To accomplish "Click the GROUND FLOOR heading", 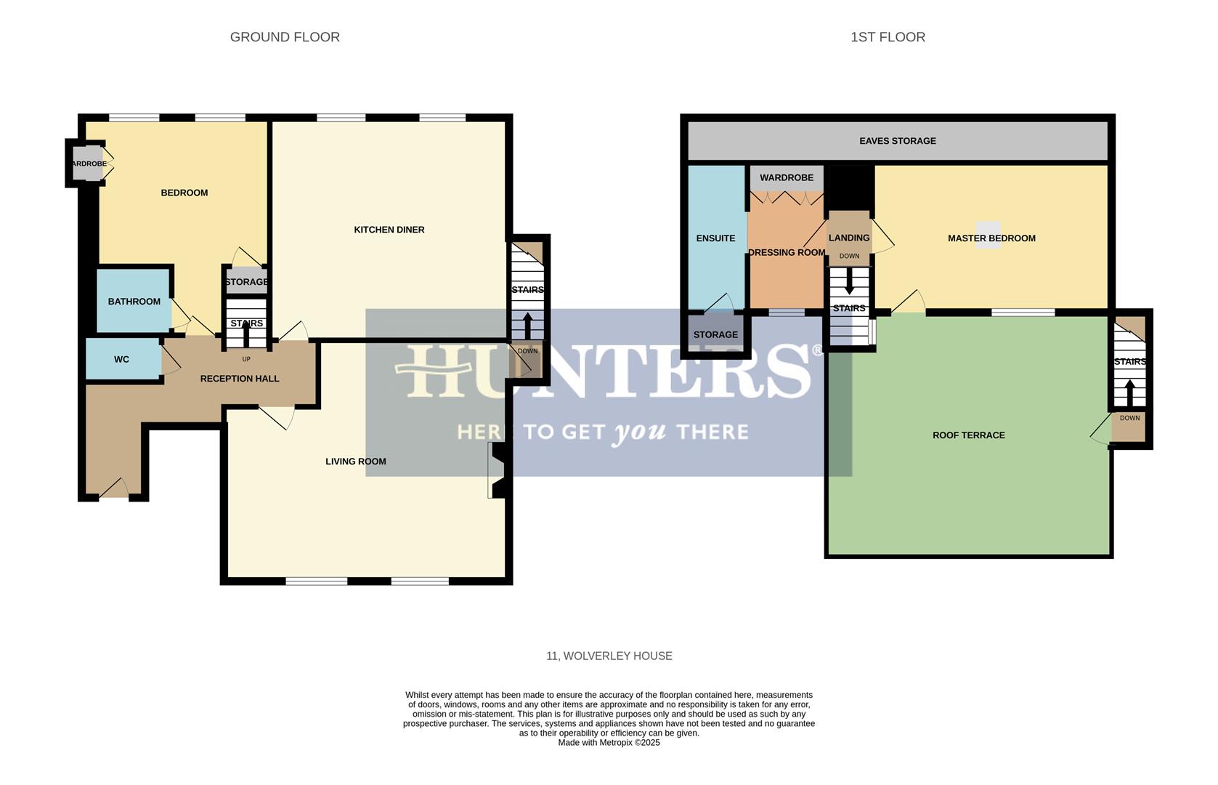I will coord(285,37).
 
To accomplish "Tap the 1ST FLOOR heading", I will coord(888,37).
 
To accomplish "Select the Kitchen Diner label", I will coord(389,230).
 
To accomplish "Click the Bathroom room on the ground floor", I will coord(134,301).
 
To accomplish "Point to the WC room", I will coord(122,359).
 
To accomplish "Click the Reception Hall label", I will coord(240,379).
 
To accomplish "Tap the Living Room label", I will coord(356,462).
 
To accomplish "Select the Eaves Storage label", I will coord(898,141).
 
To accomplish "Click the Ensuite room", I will coord(716,238).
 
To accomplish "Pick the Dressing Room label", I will coord(787,253).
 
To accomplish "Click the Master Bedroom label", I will coord(991,238).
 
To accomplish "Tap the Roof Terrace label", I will coord(969,435).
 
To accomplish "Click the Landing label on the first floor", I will coord(849,238).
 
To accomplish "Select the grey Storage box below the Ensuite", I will coord(715,334).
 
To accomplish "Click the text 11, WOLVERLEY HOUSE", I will coord(609,656).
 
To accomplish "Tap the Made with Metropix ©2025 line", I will coord(609,743).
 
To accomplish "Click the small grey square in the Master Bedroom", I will coord(988,235).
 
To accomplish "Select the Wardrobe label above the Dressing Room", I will coord(787,177).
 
